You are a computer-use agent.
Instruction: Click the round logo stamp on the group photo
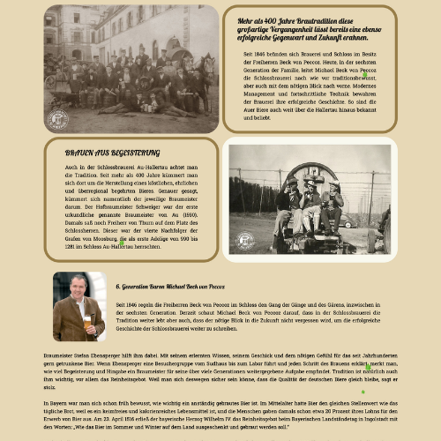click(x=57, y=119)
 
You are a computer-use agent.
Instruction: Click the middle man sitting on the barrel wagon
click(x=310, y=201)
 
